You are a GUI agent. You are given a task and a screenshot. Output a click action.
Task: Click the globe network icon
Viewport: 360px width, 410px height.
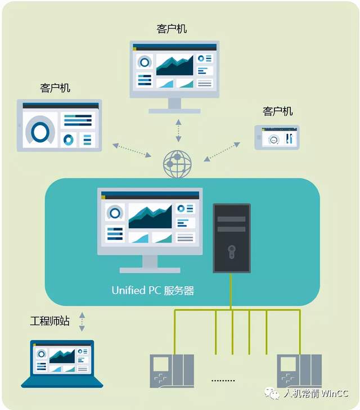point(177,163)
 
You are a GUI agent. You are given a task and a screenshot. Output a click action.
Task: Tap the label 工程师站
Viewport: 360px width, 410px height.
point(49,321)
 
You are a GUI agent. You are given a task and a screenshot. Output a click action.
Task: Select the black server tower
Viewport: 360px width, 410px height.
point(231,238)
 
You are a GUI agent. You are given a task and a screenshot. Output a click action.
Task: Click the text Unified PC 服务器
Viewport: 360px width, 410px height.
point(153,291)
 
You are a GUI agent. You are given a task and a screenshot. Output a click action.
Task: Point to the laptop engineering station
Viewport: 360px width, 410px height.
point(62,363)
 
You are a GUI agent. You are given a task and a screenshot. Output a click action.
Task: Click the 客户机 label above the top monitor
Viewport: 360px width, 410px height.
point(174,28)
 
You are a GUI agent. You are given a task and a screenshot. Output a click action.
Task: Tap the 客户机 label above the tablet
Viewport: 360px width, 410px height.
point(56,88)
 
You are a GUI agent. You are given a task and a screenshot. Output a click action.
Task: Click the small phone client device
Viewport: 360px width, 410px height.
point(277,137)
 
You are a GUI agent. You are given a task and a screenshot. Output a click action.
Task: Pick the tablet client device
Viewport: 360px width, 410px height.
point(59,126)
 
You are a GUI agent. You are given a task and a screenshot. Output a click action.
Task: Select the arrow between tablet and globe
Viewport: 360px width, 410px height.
point(132,150)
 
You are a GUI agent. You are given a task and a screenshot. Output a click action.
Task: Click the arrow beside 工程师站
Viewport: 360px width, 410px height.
point(82,322)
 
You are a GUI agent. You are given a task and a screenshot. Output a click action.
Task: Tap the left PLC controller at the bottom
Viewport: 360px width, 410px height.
point(172,370)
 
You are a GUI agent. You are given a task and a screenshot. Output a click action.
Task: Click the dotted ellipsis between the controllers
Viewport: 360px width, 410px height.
point(224,381)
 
